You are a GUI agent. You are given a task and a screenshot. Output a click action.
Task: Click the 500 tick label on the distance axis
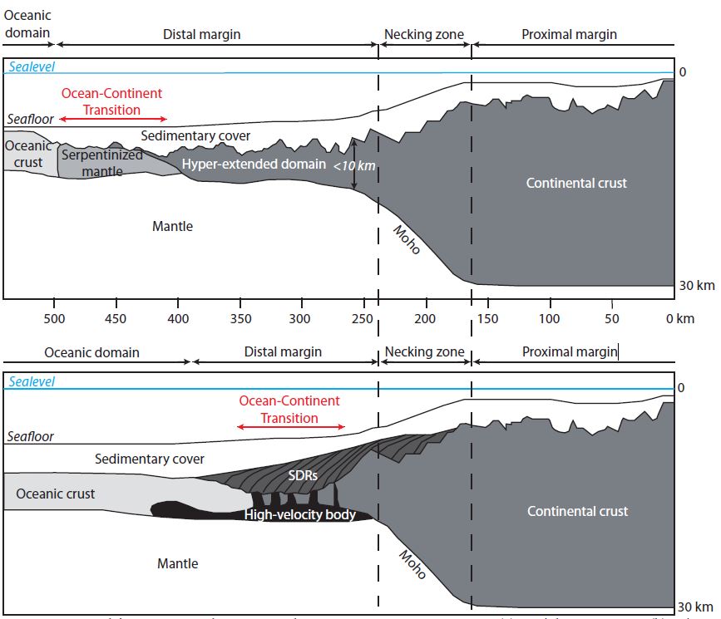(55, 319)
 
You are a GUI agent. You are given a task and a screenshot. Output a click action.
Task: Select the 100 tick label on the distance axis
(549, 319)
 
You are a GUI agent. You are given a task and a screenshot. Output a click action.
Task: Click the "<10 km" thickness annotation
(354, 166)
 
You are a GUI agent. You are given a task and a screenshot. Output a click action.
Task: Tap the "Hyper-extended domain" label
(254, 164)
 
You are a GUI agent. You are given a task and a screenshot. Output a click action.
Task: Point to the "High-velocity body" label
(300, 515)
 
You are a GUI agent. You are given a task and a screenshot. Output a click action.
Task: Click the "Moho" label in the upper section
(407, 239)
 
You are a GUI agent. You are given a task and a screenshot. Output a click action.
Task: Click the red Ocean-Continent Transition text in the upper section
(111, 101)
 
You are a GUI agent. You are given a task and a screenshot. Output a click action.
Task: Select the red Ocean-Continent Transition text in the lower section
(289, 409)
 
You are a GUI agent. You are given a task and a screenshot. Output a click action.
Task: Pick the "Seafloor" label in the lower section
(31, 436)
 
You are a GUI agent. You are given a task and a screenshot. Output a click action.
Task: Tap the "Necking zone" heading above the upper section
(423, 35)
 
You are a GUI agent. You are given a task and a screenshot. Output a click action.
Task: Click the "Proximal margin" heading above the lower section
(570, 352)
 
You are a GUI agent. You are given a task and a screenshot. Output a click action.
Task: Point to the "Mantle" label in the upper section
(173, 226)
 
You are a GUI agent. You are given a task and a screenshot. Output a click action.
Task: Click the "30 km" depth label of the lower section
(697, 607)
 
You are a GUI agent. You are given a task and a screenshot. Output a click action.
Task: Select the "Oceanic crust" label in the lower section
(56, 494)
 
